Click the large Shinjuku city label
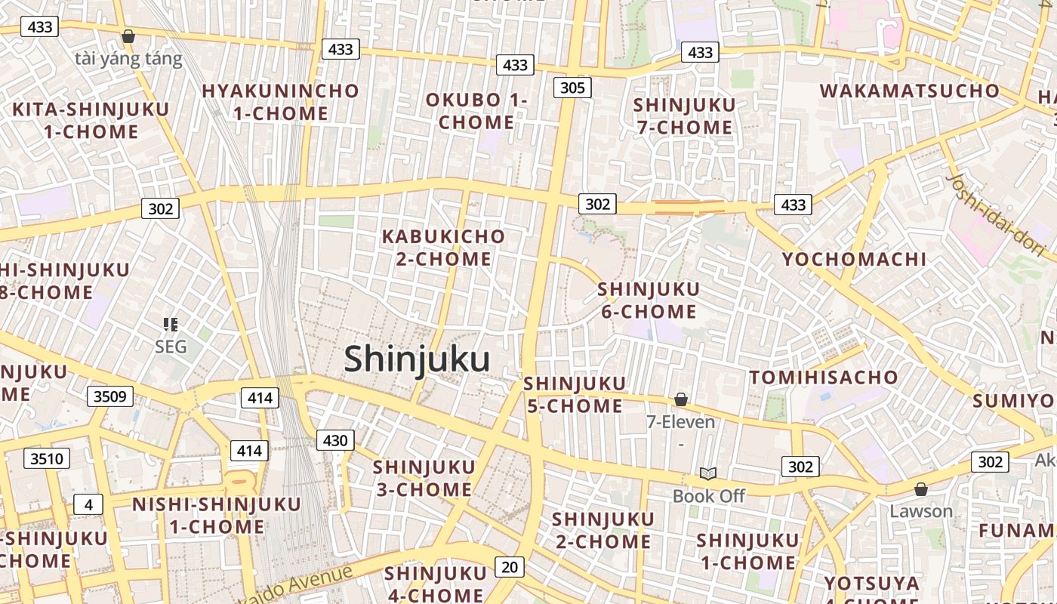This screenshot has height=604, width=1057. point(417,359)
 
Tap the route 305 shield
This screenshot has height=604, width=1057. point(572,88)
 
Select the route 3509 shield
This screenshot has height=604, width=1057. point(110,396)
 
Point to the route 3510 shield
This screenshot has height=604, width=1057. point(47,458)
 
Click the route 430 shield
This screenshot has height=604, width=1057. point(334,440)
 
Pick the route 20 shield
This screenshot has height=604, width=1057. point(510,566)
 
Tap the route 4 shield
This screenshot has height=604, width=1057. point(88,504)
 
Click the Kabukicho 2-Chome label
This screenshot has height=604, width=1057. point(444,248)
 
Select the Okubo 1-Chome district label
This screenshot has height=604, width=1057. point(476,111)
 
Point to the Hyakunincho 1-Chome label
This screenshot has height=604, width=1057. point(280,102)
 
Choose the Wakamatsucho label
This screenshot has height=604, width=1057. point(909,91)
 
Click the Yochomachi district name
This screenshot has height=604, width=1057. point(854,259)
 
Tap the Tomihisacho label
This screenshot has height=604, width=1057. point(824,377)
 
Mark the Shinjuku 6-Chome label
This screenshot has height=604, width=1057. point(649,300)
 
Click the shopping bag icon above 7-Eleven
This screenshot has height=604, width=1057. point(680,399)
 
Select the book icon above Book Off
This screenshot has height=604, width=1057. point(707,473)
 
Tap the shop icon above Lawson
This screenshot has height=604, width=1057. point(920,489)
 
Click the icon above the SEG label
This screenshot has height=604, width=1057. point(171,325)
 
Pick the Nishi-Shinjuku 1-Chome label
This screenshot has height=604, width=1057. point(217,515)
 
